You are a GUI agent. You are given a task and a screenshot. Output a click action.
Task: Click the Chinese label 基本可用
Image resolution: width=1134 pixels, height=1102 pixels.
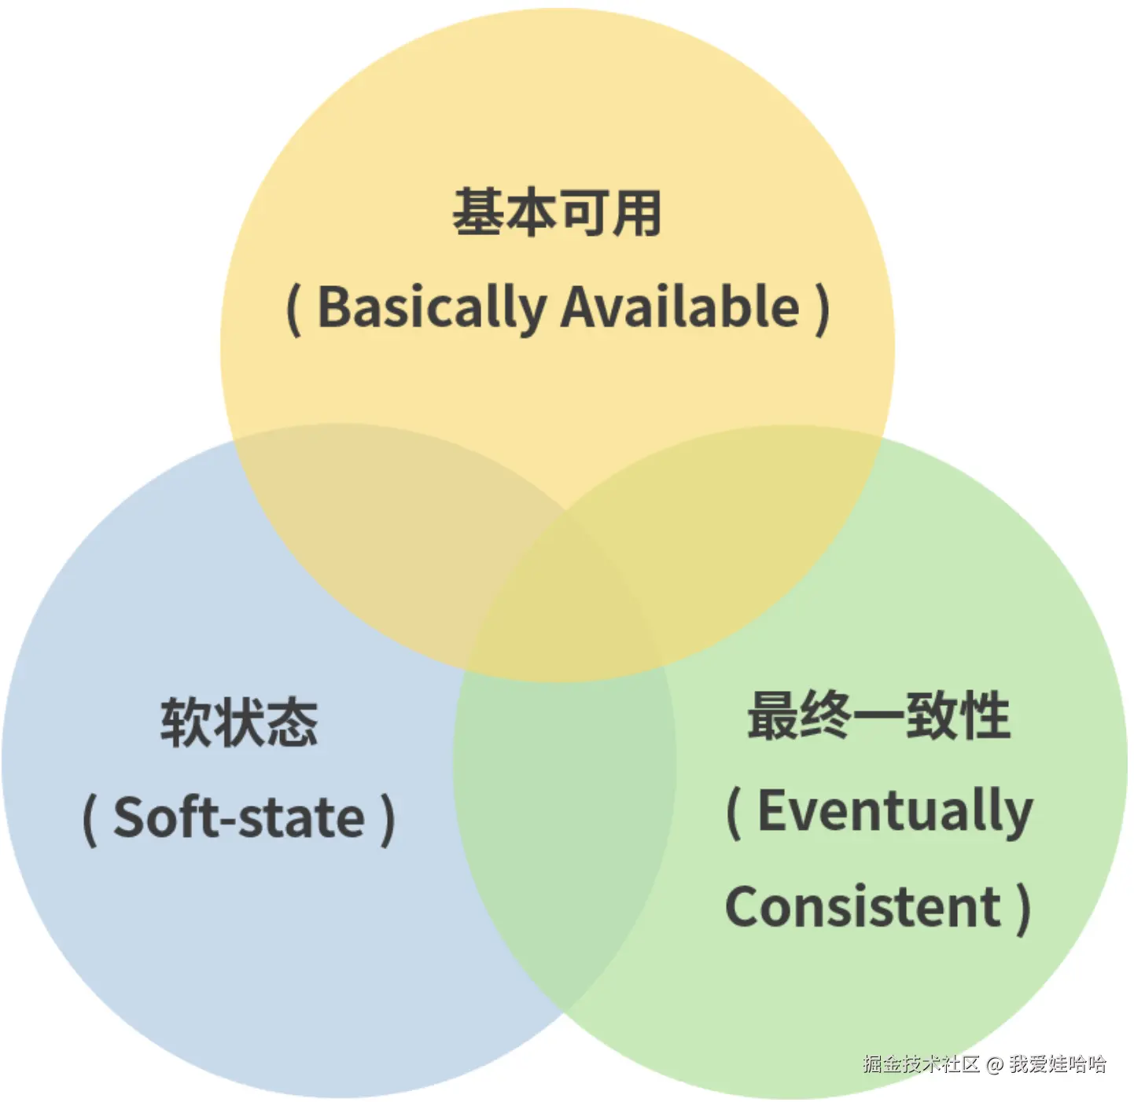557,212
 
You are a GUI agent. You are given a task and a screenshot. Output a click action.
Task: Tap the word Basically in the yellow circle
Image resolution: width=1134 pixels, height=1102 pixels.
431,307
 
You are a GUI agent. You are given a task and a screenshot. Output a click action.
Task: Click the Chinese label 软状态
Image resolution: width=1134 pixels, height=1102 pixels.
239,722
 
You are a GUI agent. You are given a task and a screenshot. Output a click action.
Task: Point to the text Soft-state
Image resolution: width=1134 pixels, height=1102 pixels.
239,818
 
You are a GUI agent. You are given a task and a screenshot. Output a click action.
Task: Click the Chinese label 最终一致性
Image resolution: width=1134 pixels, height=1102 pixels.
878,715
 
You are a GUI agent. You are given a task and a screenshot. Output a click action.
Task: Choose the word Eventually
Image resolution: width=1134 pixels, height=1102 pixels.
894,811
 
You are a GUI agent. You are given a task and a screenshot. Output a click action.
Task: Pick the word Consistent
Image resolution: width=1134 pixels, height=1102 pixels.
863,907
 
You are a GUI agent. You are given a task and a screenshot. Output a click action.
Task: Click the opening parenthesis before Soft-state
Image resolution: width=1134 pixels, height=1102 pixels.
90,820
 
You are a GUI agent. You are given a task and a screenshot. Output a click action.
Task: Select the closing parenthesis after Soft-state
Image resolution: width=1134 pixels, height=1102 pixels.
387,820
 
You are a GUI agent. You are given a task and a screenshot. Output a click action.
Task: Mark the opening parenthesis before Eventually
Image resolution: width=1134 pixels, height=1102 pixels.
733,813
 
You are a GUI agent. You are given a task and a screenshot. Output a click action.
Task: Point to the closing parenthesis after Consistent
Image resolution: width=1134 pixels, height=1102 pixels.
1022,909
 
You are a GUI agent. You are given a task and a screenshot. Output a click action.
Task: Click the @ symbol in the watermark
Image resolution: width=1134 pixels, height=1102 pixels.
995,1065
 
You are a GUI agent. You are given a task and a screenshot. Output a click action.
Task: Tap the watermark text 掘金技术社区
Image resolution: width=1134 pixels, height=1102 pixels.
921,1065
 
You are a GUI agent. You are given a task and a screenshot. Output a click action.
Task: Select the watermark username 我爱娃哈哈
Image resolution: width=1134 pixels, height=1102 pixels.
1058,1065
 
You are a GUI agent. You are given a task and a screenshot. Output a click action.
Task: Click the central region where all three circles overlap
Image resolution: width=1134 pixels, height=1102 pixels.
565,597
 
